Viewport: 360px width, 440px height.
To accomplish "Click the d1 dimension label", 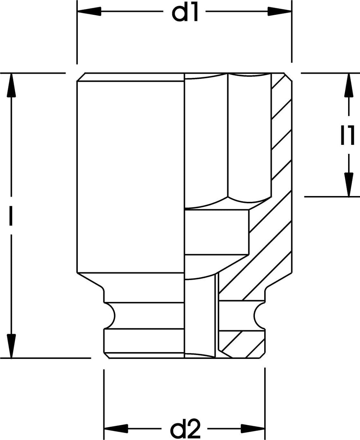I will click(x=185, y=13).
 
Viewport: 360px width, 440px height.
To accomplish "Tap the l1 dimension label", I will click(x=348, y=135).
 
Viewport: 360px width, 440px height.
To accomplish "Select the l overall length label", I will click(x=11, y=217).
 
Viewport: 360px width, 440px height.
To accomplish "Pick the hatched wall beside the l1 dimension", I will click(x=281, y=133).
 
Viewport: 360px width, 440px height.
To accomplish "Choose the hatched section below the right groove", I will click(x=241, y=344).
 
